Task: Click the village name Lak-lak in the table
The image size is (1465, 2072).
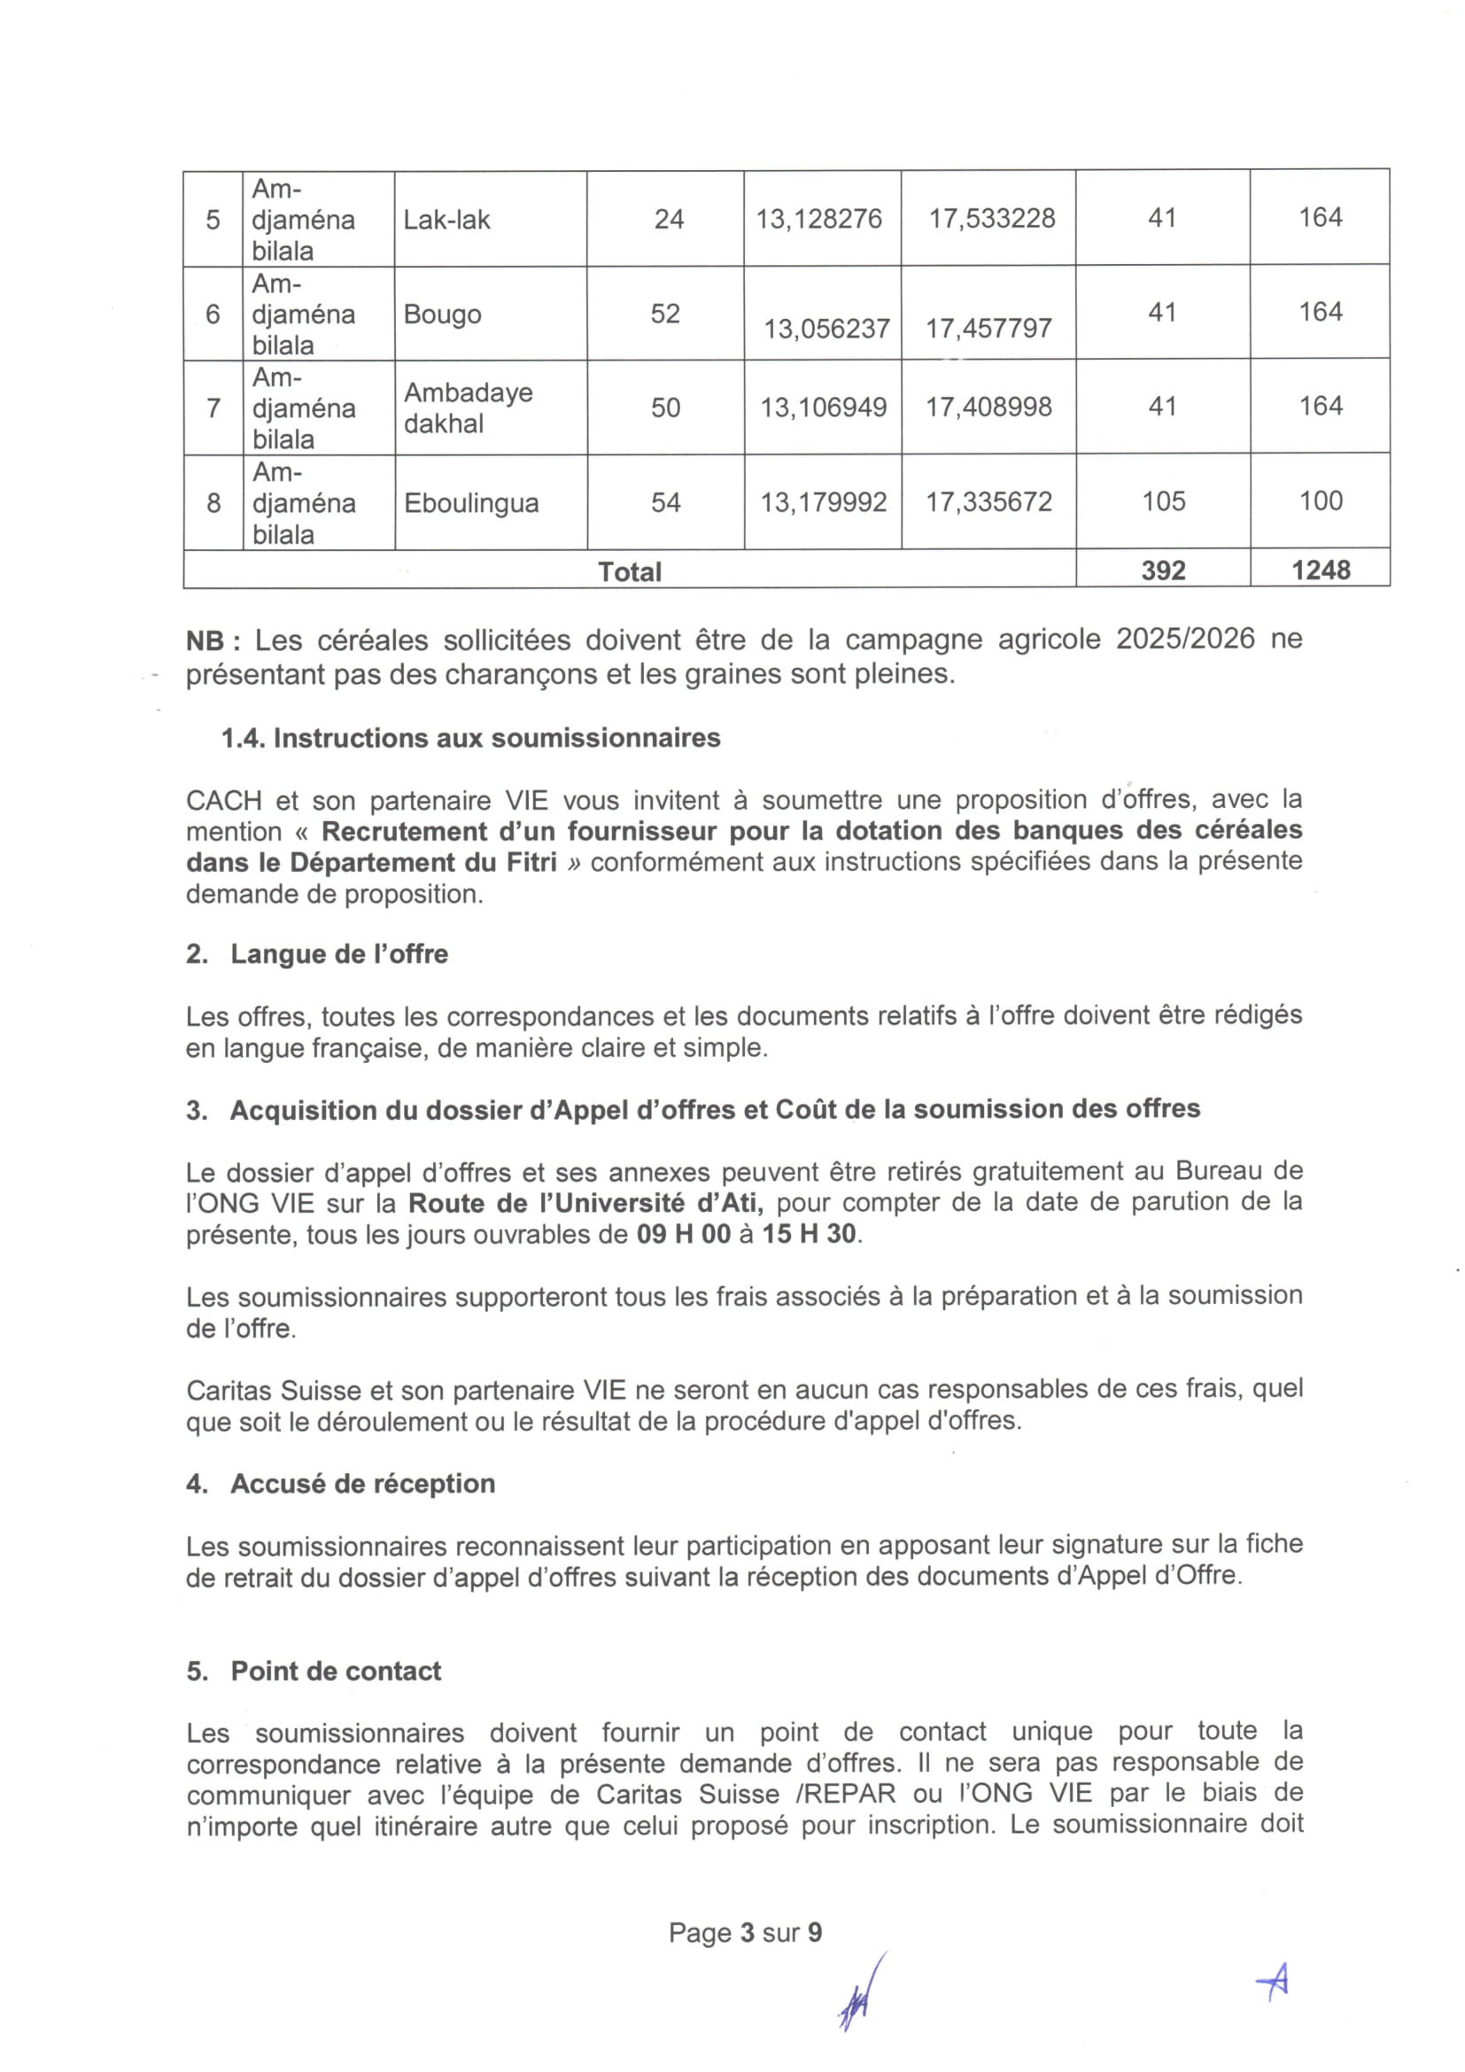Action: (446, 221)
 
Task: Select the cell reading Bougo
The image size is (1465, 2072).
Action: (442, 314)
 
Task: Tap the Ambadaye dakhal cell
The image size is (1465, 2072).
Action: (469, 407)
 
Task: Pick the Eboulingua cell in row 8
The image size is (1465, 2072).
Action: (471, 502)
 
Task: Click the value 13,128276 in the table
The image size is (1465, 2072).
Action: (818, 220)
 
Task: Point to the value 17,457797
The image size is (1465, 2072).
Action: (988, 328)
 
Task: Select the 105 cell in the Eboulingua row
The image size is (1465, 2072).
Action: (1163, 501)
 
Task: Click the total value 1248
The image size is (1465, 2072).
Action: (1321, 570)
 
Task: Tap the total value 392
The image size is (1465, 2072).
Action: (1163, 570)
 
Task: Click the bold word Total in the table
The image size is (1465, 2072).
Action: (630, 572)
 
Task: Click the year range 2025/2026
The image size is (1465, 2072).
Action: (1184, 639)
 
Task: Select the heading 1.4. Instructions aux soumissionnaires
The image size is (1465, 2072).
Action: (470, 738)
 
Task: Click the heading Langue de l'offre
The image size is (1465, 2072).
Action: (339, 954)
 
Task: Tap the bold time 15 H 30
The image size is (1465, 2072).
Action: (810, 1234)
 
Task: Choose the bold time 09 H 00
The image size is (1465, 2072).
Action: (683, 1234)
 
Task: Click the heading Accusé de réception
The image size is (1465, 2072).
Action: (362, 1484)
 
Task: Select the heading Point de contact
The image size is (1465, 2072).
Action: (336, 1672)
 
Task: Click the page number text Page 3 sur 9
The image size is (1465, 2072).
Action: (745, 1932)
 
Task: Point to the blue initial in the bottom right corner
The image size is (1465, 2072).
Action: (1273, 1981)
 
